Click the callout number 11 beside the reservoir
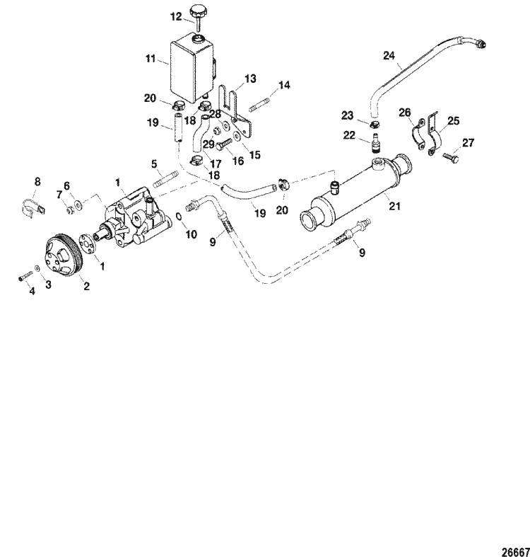click(x=150, y=60)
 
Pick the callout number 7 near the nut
click(x=59, y=194)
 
